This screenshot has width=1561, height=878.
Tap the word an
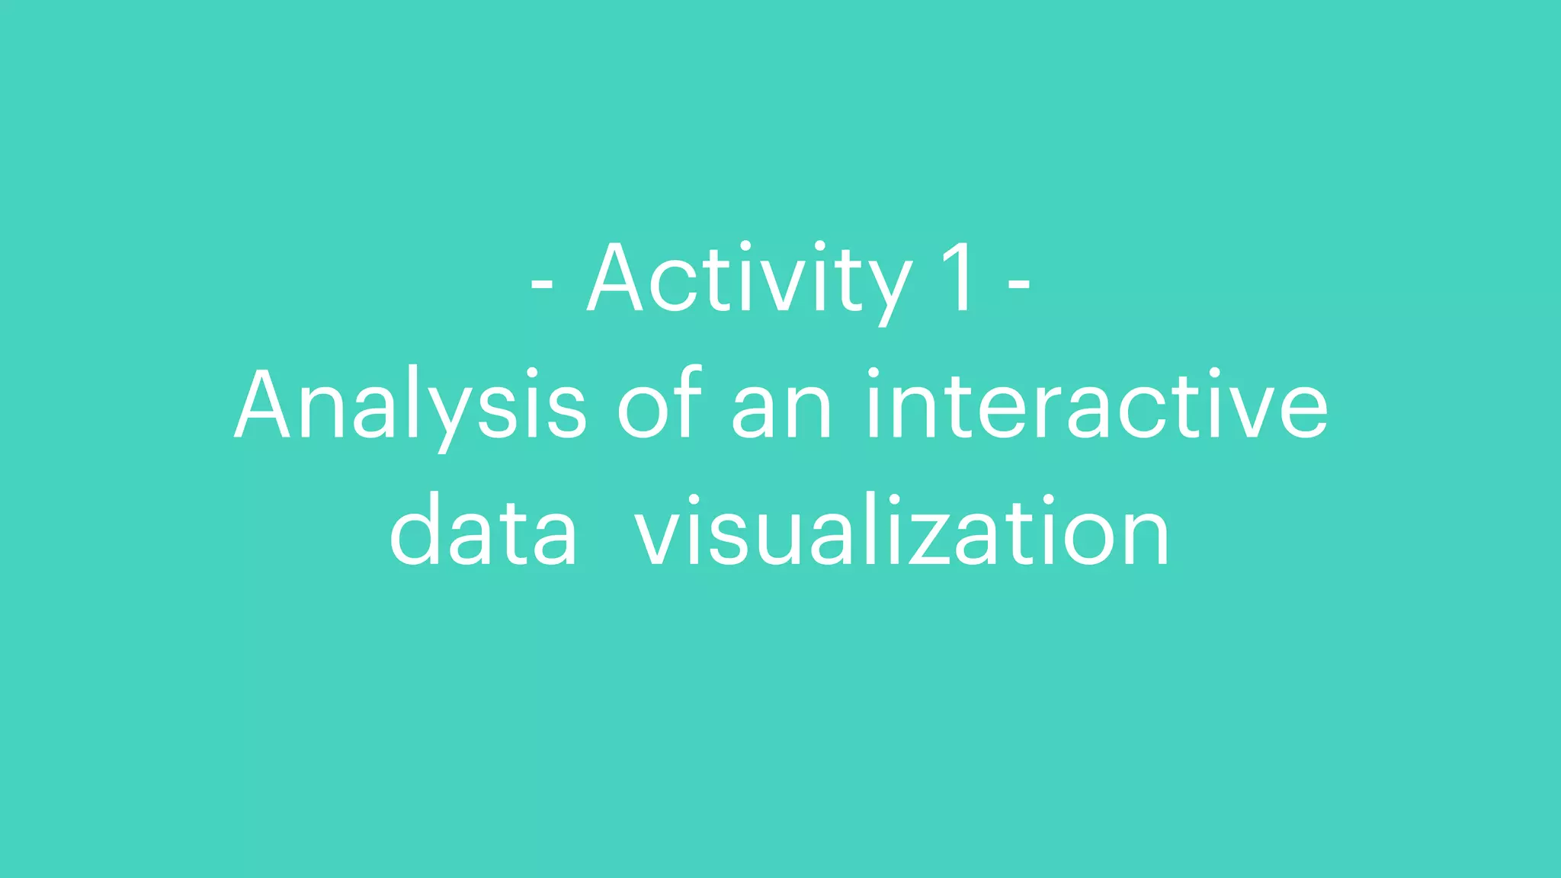click(782, 412)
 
